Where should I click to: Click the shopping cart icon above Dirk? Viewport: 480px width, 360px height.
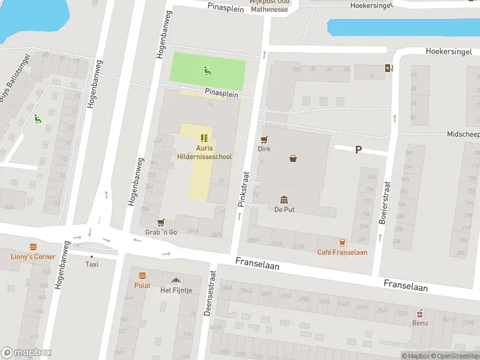pyautogui.click(x=263, y=139)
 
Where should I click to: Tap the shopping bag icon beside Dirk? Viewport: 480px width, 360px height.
pyautogui.click(x=293, y=158)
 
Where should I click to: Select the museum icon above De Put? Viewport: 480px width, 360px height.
pyautogui.click(x=284, y=199)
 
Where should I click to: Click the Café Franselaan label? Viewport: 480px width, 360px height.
pyautogui.click(x=342, y=252)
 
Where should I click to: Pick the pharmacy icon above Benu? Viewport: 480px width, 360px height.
pyautogui.click(x=420, y=313)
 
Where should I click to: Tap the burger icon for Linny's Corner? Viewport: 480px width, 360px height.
pyautogui.click(x=33, y=247)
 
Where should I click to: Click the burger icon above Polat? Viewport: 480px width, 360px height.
pyautogui.click(x=143, y=276)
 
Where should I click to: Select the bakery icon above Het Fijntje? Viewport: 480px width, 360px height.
pyautogui.click(x=176, y=280)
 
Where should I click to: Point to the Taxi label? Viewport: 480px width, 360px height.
pyautogui.click(x=92, y=264)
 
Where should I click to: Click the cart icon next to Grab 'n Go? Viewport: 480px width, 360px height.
pyautogui.click(x=161, y=223)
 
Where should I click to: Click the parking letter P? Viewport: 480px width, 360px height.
pyautogui.click(x=358, y=150)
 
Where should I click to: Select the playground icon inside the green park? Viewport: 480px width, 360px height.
pyautogui.click(x=207, y=71)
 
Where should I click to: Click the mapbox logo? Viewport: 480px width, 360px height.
pyautogui.click(x=26, y=353)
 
